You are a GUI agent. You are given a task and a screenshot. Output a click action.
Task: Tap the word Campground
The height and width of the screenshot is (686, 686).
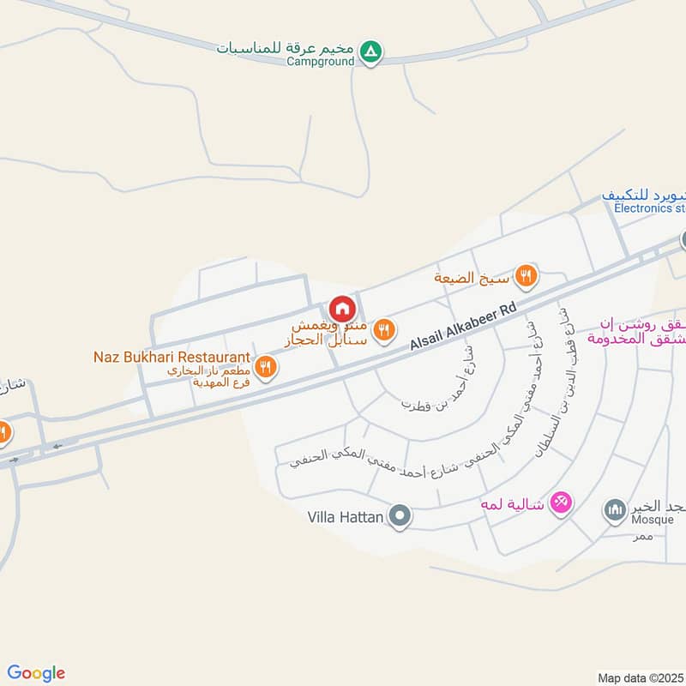[x=320, y=62]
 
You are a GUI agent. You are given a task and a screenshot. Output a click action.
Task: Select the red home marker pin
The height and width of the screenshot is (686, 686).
[x=341, y=308]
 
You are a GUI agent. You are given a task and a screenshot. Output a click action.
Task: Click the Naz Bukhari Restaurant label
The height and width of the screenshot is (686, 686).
[x=172, y=357]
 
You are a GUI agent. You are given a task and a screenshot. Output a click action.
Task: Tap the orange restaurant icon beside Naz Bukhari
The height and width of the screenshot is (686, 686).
[x=268, y=367]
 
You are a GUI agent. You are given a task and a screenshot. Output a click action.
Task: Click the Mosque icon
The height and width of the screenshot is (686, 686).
[x=615, y=511]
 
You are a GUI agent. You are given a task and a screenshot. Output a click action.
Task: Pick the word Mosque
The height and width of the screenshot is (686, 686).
[x=630, y=521]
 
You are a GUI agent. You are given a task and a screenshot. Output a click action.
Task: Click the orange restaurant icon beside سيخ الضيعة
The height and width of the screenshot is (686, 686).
[x=527, y=276]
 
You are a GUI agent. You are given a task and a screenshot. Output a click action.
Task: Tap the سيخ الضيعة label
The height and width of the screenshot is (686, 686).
[x=471, y=277]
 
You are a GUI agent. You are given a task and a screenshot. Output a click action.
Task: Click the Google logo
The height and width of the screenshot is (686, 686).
[x=36, y=673]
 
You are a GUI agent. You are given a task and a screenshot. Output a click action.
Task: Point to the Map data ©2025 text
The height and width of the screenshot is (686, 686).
[x=639, y=677]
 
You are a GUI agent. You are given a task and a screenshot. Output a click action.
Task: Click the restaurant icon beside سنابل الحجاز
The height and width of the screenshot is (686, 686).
[x=385, y=328]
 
